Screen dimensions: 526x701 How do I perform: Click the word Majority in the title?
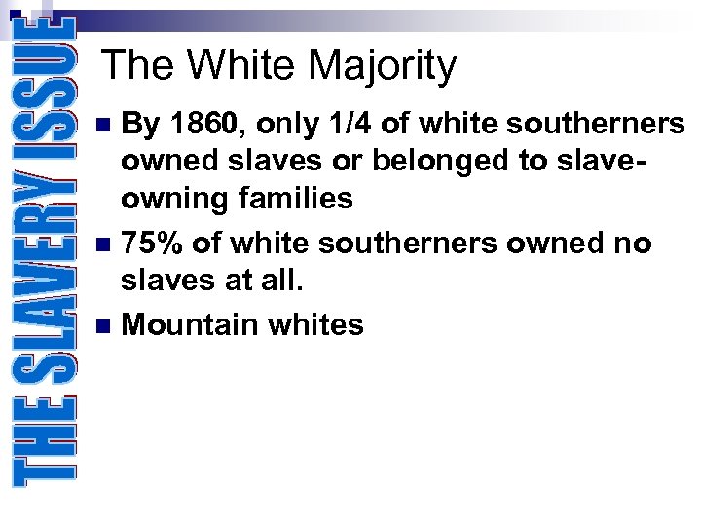coord(383,66)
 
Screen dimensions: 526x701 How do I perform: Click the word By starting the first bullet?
coord(141,125)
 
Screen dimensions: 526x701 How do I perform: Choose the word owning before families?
coord(169,200)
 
